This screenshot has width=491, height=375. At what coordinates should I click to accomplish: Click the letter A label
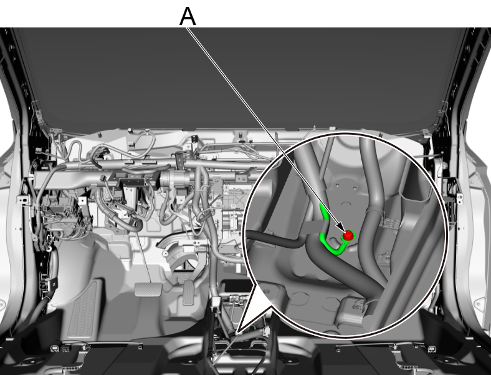pyautogui.click(x=188, y=16)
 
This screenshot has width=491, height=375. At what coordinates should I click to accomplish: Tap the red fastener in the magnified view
pyautogui.click(x=347, y=235)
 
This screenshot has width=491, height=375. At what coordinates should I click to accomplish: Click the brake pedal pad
pyautogui.click(x=148, y=290)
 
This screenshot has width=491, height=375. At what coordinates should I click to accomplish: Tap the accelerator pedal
pyautogui.click(x=189, y=293)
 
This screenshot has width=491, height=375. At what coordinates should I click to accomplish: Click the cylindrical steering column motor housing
pyautogui.click(x=174, y=178)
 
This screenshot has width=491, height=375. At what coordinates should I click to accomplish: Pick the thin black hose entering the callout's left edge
pyautogui.click(x=275, y=239)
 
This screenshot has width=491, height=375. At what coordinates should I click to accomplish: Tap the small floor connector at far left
pyautogui.click(x=54, y=348)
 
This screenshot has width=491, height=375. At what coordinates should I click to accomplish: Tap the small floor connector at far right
pyautogui.click(x=432, y=349)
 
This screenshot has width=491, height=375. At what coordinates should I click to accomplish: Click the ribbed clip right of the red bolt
pyautogui.click(x=390, y=223)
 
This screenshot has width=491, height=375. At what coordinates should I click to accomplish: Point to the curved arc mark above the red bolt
pyautogui.click(x=346, y=203)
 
